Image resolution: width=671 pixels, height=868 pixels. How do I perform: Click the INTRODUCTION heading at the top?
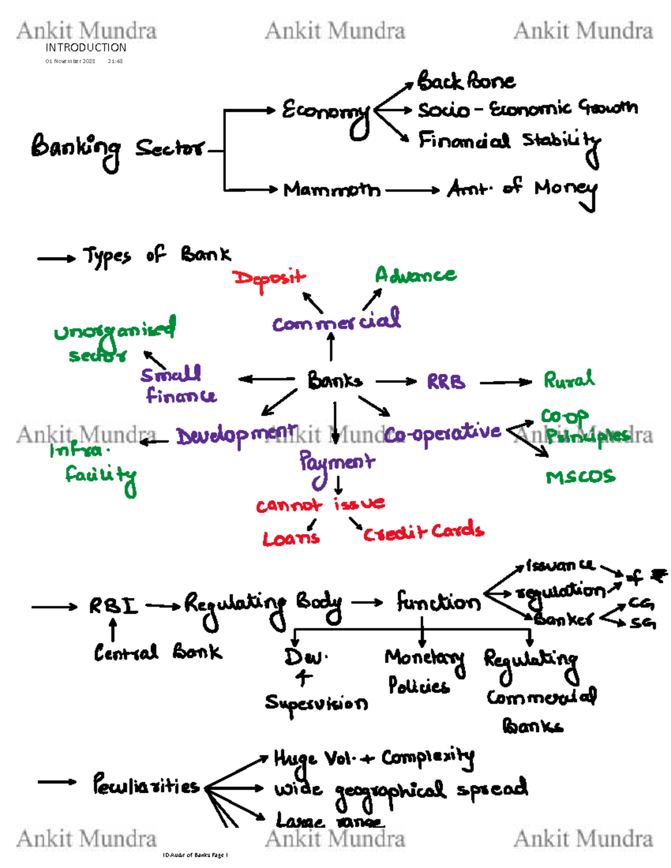[x=86, y=48]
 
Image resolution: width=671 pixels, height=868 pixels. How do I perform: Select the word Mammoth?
[x=332, y=190]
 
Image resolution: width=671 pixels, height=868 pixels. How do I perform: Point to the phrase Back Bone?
[x=466, y=82]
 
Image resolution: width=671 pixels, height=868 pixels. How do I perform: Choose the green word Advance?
[x=415, y=274]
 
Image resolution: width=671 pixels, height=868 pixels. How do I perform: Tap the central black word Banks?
[x=334, y=381]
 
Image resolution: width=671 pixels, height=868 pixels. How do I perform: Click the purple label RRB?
[x=446, y=382]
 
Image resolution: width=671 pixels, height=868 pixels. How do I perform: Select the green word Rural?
[x=569, y=380]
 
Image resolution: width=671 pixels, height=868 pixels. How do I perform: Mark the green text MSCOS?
[x=580, y=477]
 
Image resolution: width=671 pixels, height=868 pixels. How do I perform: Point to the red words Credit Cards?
[x=423, y=532]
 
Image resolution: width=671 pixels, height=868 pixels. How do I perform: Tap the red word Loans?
[x=291, y=538]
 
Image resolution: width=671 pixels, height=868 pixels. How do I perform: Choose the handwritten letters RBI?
[x=113, y=606]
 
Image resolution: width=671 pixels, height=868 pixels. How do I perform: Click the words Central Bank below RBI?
[x=158, y=652]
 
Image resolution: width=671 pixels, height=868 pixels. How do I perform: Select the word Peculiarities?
[x=146, y=785]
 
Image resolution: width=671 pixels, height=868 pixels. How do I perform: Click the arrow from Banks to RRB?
[x=396, y=382]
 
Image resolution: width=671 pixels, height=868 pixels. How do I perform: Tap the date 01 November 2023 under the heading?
[x=70, y=61]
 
